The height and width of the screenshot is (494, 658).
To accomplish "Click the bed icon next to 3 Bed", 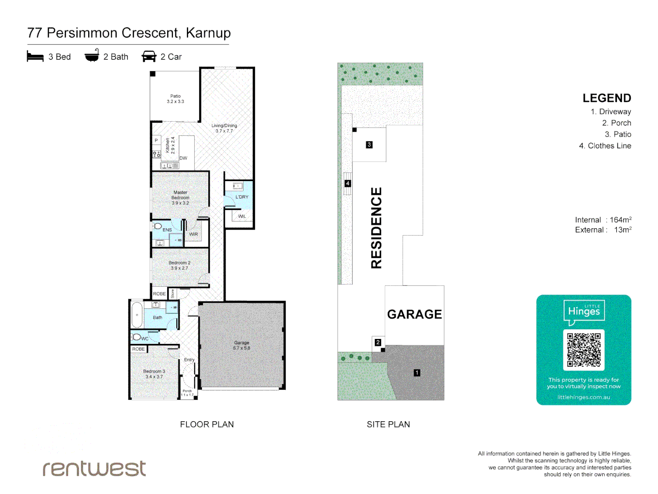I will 35,56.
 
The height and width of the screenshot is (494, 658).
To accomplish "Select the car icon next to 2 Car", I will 149,56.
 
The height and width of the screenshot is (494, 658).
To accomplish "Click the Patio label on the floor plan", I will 175,99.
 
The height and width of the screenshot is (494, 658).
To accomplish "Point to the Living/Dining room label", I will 224,128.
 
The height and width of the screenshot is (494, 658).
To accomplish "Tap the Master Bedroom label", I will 180,198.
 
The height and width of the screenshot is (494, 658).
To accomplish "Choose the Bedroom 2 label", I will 180,265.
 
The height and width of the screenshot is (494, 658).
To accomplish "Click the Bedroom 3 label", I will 154,374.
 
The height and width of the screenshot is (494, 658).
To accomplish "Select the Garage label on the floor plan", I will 242,345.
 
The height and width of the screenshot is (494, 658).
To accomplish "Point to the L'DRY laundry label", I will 242,197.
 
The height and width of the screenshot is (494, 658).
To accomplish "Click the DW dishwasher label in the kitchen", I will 183,158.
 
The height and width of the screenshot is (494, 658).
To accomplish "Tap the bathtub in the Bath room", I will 137,315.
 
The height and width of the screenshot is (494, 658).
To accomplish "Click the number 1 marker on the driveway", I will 417,373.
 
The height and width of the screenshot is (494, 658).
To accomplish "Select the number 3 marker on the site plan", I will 369,145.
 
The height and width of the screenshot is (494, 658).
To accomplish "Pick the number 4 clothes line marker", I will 348,183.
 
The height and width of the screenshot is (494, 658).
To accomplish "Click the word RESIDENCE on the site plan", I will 376,228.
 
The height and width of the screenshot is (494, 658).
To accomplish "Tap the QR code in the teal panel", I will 584,350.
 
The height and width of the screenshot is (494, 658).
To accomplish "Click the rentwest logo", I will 94,468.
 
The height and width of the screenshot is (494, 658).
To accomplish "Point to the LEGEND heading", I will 606,98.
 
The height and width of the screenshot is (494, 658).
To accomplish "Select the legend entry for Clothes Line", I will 605,146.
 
